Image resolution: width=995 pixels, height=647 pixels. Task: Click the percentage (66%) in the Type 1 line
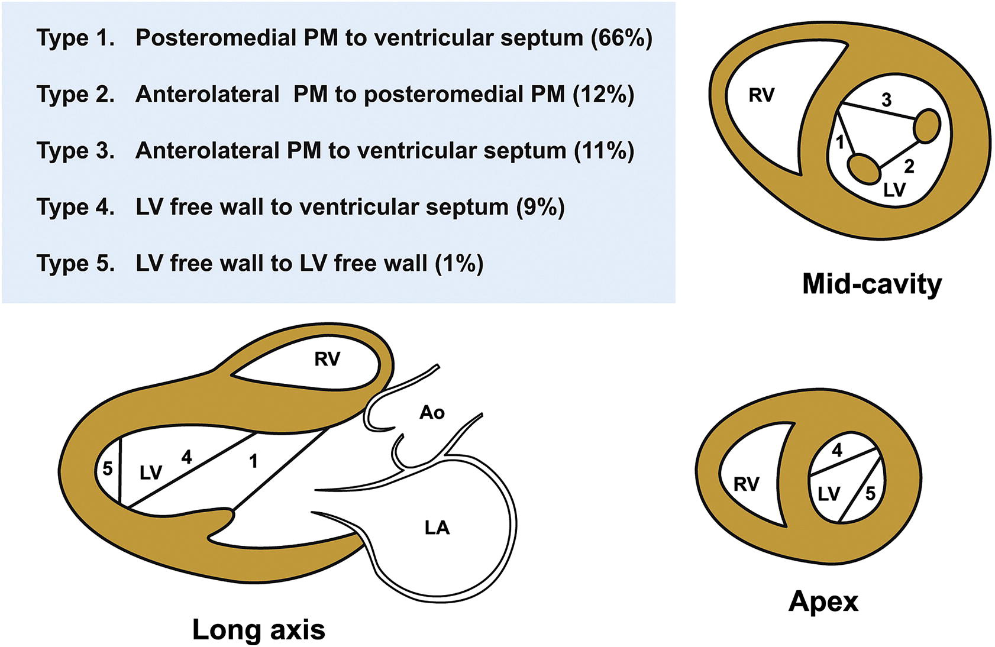(622, 38)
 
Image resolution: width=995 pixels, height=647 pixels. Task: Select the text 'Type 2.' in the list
(76, 94)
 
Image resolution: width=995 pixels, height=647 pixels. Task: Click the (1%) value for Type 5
(459, 263)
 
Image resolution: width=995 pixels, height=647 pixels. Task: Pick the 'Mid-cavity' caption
(871, 284)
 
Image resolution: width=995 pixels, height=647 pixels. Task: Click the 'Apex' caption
(823, 601)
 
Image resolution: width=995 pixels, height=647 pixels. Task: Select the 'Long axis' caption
(259, 629)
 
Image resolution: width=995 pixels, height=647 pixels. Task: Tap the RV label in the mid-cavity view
(761, 95)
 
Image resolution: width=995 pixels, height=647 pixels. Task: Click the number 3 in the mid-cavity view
(886, 100)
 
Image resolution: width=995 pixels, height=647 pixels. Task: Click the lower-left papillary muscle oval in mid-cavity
(864, 168)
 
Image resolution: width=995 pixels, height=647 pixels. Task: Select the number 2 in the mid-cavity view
(909, 166)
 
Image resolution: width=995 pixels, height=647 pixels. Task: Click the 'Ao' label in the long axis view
(432, 412)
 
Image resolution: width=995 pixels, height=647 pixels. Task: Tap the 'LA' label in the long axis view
(437, 527)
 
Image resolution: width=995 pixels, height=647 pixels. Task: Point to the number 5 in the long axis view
(107, 469)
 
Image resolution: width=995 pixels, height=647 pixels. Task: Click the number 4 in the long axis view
(186, 457)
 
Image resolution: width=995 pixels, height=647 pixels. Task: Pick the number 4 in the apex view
(837, 451)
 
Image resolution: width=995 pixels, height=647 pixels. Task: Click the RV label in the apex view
(746, 484)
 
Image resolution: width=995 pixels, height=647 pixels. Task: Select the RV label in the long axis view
(327, 359)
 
